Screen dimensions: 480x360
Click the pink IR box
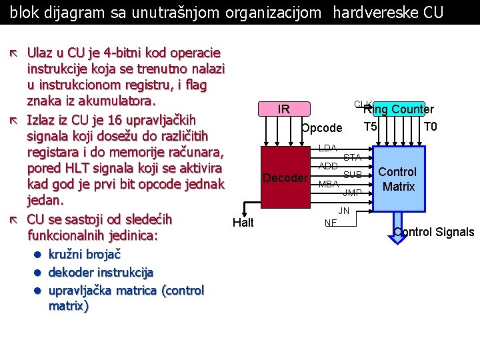283,109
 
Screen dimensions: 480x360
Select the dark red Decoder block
285,178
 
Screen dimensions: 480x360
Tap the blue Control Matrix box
398,179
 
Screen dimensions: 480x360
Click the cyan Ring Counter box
398,109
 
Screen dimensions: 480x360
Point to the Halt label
243,223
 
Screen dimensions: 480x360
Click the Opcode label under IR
321,128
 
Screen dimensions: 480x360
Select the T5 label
371,127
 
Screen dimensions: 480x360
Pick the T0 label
430,127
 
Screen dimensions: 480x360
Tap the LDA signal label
327,147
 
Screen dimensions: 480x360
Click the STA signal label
352,157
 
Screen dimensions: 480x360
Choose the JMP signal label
352,193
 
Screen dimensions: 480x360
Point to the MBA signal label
329,184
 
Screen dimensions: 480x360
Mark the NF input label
330,223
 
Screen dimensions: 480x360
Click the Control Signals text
434,232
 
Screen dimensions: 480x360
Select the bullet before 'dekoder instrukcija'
39,273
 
